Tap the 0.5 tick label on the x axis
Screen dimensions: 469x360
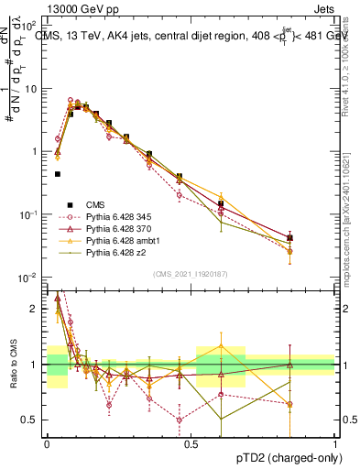(191, 442)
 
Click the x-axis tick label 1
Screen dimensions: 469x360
(335, 442)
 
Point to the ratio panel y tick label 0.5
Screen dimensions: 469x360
(31, 420)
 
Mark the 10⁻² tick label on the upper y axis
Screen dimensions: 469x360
(31, 278)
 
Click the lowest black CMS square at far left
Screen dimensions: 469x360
(57, 173)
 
